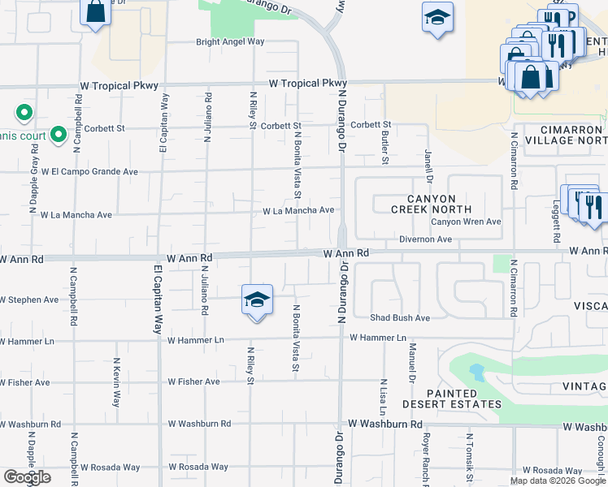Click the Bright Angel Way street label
230,41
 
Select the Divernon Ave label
425,239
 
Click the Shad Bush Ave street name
400,317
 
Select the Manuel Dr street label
413,364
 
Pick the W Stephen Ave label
30,300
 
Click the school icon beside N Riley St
256,301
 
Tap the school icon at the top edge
437,17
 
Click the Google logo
27,477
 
